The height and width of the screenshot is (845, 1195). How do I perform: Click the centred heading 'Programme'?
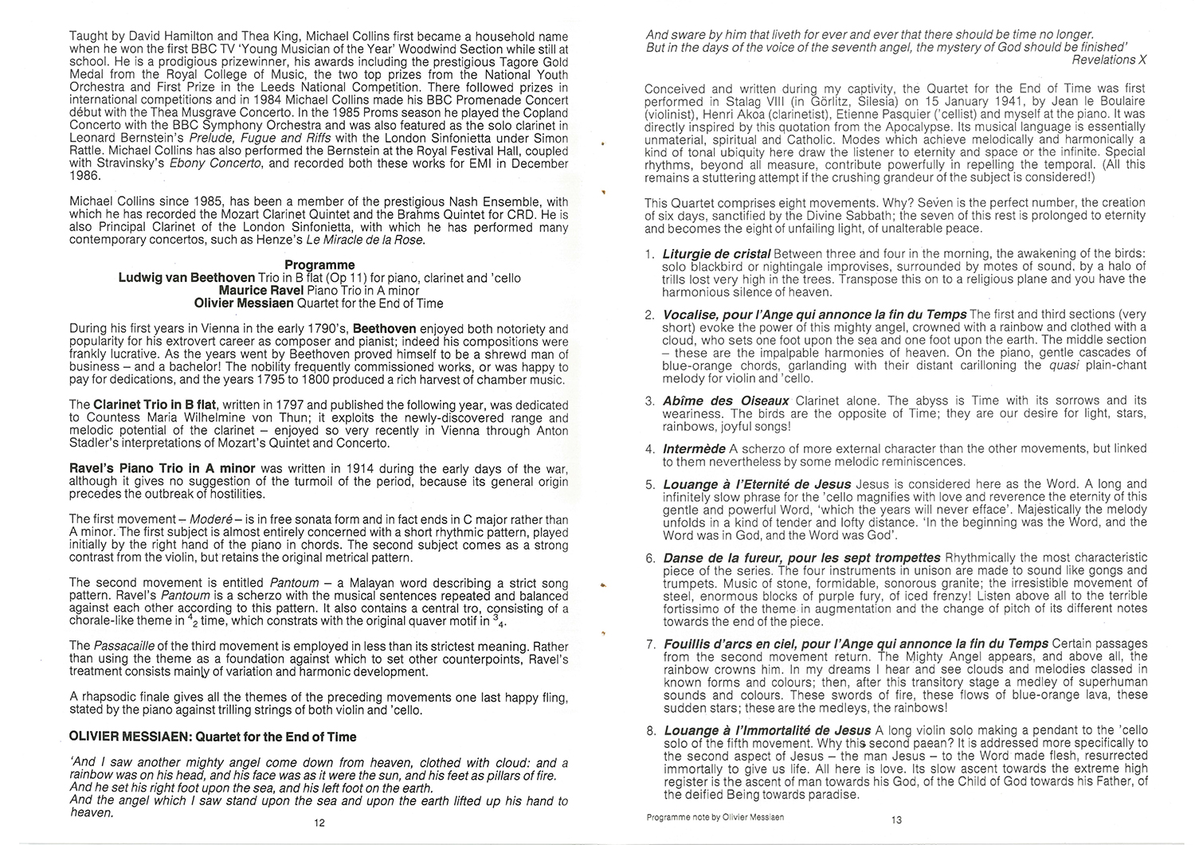[319, 264]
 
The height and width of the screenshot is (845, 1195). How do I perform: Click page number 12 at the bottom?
[319, 823]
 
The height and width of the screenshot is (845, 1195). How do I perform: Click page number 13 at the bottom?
[896, 821]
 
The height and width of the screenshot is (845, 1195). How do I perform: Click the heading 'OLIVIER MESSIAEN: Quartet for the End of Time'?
[213, 737]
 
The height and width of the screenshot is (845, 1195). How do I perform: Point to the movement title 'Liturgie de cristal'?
[716, 254]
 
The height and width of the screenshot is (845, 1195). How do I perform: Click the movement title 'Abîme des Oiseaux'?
[726, 401]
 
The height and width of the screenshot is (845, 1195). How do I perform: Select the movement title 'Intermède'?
[694, 449]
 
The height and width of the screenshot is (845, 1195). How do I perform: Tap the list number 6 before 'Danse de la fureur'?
[650, 557]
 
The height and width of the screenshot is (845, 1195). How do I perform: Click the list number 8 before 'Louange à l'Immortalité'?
[650, 730]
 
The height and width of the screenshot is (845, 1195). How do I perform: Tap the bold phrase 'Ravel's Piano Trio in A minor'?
[163, 468]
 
